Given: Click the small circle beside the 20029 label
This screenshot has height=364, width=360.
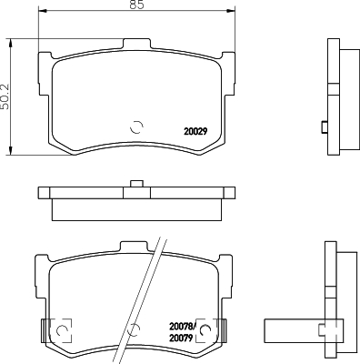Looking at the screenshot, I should coord(137,127).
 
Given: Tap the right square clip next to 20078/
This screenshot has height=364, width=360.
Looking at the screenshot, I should coord(205,328).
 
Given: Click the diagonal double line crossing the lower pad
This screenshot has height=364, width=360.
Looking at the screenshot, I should coord(145,291).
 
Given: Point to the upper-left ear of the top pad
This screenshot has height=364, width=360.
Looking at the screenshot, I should coord(44,56).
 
